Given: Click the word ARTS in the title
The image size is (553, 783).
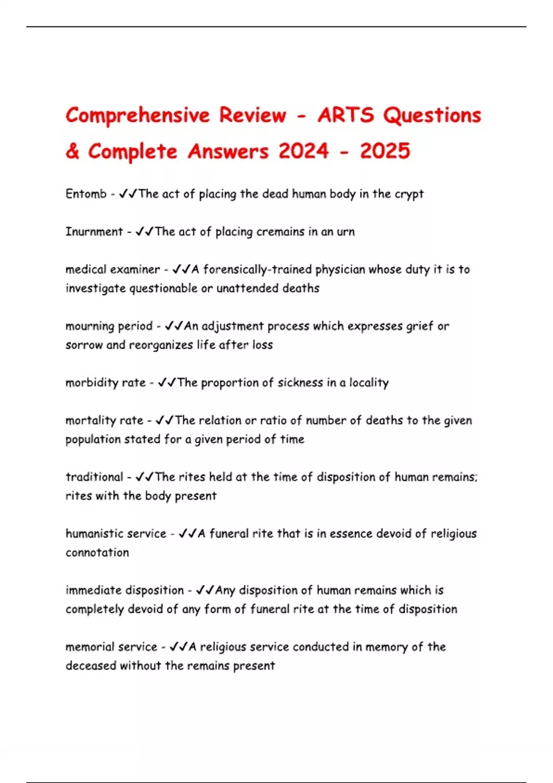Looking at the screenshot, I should click(346, 115).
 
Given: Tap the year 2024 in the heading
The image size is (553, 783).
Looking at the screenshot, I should click(303, 152).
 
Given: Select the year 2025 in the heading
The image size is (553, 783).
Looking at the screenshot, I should click(385, 152).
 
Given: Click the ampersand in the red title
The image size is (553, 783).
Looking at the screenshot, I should click(72, 152).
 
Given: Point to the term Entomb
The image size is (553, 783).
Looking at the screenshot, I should click(86, 194).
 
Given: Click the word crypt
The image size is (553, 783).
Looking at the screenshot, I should click(409, 194).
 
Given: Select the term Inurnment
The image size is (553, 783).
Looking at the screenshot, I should click(94, 232).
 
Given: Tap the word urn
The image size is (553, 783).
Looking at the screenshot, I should click(346, 232).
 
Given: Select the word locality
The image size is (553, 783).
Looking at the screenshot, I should click(369, 383).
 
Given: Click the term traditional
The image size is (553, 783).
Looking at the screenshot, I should click(94, 477).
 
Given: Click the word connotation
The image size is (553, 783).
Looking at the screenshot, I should click(97, 553).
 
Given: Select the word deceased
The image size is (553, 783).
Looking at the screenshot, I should click(91, 666).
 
